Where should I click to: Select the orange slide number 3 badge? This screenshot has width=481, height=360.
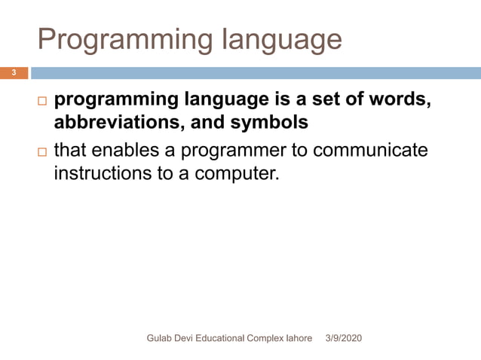click(x=14, y=73)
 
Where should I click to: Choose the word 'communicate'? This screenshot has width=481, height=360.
click(x=369, y=151)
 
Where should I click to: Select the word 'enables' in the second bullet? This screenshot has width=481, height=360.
click(x=130, y=151)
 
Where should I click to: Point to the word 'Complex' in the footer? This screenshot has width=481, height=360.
click(x=267, y=339)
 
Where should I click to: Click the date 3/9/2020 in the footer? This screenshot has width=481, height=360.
click(x=343, y=339)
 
